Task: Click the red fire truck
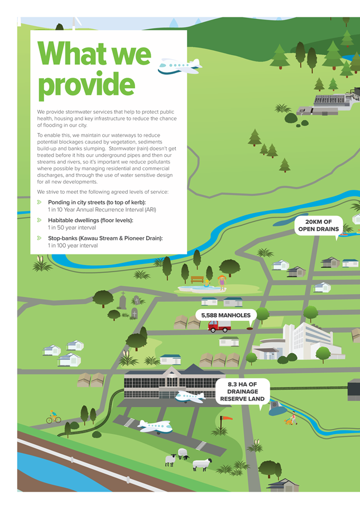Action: (x=219, y=326)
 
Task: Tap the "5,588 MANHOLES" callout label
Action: (x=226, y=315)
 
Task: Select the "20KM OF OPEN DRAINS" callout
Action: (x=319, y=225)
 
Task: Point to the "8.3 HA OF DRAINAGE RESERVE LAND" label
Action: (x=242, y=391)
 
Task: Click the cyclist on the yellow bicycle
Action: (x=53, y=417)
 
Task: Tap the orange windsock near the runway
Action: (x=225, y=419)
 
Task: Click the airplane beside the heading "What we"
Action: (x=180, y=66)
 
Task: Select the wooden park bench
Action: (x=197, y=279)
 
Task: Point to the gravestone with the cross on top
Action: (x=123, y=301)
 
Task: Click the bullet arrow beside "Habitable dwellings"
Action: (x=39, y=220)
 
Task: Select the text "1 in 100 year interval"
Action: (x=73, y=246)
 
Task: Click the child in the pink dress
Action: (x=222, y=282)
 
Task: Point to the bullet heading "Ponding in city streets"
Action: (x=97, y=202)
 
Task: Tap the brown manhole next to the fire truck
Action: (x=249, y=329)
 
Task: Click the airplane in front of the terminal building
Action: (x=190, y=397)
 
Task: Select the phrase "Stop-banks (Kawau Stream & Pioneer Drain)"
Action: (x=105, y=238)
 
